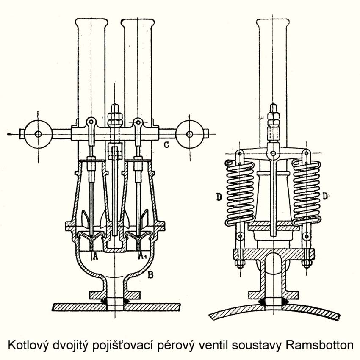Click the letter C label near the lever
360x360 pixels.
(166, 145)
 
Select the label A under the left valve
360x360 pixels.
(95, 256)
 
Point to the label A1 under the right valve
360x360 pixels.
(142, 256)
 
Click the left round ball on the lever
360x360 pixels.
(38, 133)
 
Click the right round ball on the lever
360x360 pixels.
(190, 133)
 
